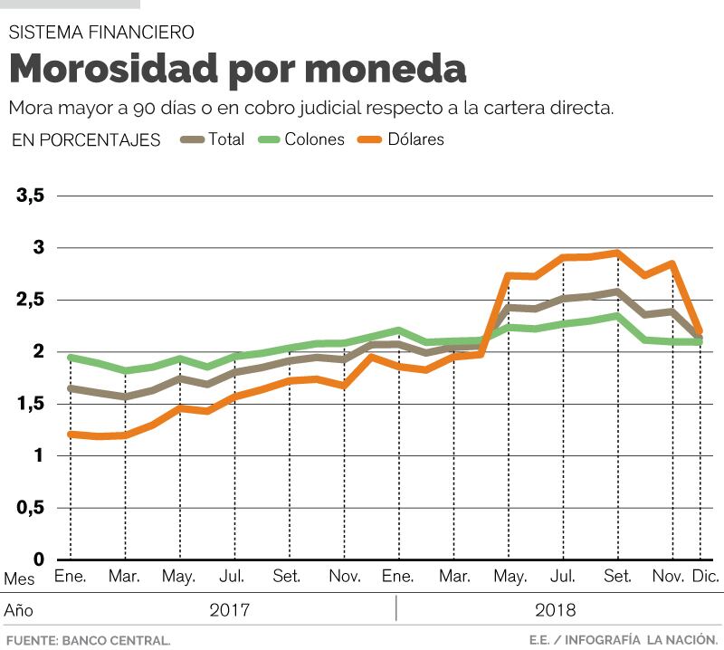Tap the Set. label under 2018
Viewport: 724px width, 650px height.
point(618,576)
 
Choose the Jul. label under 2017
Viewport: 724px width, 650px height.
point(233,576)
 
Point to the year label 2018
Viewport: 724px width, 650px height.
point(555,609)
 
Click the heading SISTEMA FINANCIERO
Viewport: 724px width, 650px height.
point(101,33)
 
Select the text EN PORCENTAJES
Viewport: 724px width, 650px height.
point(87,140)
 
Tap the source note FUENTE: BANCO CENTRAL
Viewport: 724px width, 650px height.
point(88,639)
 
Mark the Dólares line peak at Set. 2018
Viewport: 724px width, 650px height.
point(617,253)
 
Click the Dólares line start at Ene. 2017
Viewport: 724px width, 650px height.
point(71,435)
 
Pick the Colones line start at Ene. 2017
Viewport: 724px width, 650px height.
point(71,358)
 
